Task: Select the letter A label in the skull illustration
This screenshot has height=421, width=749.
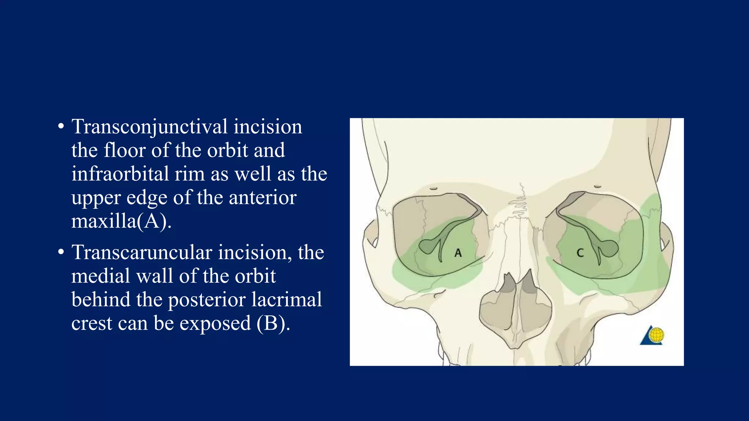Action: pos(458,253)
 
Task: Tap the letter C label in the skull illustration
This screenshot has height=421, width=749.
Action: pos(580,253)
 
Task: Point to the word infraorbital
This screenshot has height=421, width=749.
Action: pos(120,174)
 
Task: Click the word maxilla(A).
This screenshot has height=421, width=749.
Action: pos(121,221)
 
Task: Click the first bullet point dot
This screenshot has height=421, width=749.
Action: pos(61,127)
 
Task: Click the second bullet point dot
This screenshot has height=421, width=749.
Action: pos(61,253)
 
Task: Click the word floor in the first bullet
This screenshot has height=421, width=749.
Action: pos(124,151)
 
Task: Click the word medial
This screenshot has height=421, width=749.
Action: pos(101,276)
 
